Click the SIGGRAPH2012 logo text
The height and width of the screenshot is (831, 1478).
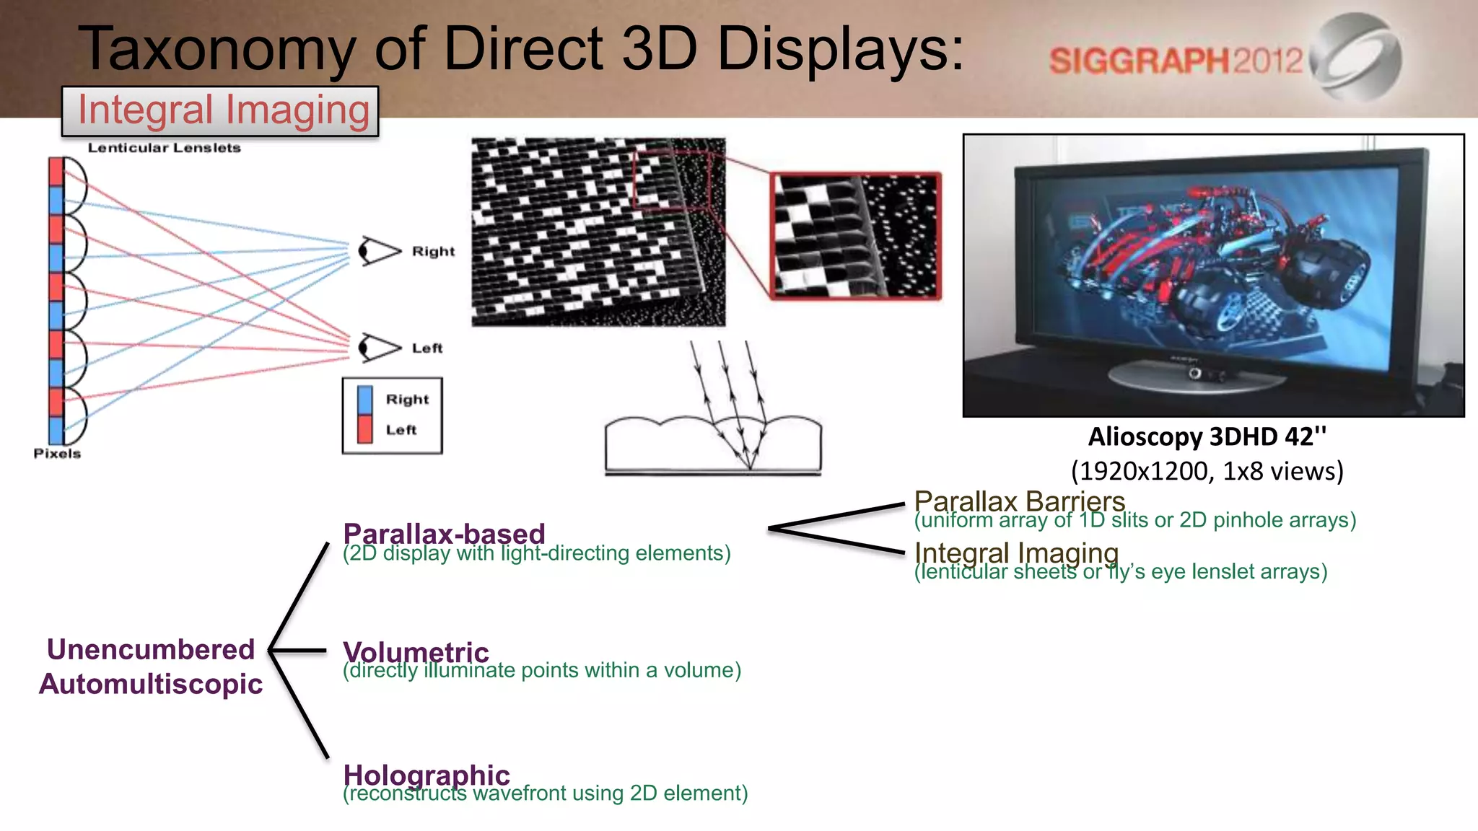coord(1175,61)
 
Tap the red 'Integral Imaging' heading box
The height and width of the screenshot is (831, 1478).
coord(221,111)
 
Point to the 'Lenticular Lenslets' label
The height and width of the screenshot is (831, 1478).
coord(164,148)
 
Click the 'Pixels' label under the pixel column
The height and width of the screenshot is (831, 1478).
coord(57,454)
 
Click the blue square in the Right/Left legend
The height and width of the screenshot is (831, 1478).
coord(365,400)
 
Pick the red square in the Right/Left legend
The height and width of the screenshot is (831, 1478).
coord(365,429)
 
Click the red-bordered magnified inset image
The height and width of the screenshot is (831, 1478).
coord(856,235)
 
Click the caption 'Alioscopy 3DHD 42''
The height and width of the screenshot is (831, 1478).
coord(1207,437)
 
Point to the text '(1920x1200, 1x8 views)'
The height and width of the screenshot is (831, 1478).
coord(1207,472)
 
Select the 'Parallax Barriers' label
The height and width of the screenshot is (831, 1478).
coord(1019,501)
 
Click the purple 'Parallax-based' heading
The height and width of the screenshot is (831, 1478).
coord(444,534)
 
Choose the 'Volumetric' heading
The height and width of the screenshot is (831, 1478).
coord(416,651)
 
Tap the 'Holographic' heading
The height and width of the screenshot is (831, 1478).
coord(427,775)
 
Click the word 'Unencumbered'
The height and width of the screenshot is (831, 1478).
coord(151,649)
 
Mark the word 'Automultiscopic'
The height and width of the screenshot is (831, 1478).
coord(151,684)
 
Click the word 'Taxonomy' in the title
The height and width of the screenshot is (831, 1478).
coord(217,49)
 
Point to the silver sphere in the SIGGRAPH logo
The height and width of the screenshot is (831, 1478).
coord(1355,58)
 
